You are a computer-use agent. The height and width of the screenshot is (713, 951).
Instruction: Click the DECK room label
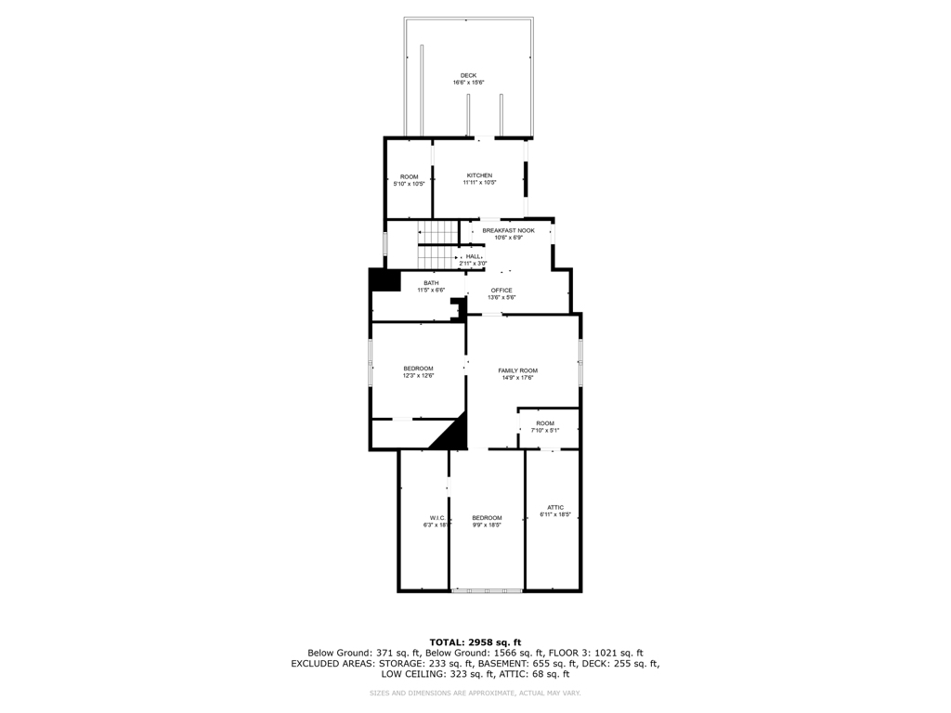pyautogui.click(x=468, y=75)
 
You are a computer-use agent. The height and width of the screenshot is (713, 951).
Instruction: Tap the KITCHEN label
pyautogui.click(x=479, y=175)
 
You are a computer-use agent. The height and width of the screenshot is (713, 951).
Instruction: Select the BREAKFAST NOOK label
pyautogui.click(x=508, y=230)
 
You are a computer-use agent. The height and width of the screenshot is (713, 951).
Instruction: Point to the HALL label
pyautogui.click(x=473, y=256)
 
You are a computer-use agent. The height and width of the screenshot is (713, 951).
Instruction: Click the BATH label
pyautogui.click(x=431, y=283)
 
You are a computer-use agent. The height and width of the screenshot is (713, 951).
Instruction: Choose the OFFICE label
pyautogui.click(x=502, y=291)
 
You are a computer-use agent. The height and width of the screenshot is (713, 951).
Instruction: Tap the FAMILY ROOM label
pyautogui.click(x=517, y=370)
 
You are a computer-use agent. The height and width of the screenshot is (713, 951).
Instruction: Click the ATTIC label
pyautogui.click(x=554, y=507)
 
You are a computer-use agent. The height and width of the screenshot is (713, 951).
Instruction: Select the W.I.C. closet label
pyautogui.click(x=437, y=517)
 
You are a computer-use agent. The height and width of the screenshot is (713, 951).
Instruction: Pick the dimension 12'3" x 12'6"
pyautogui.click(x=418, y=376)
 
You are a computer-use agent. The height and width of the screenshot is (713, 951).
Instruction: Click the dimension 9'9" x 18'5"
pyautogui.click(x=487, y=525)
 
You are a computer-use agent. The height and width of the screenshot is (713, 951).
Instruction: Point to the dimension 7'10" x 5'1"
pyautogui.click(x=544, y=430)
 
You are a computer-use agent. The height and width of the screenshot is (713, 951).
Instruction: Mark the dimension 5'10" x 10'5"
pyautogui.click(x=409, y=184)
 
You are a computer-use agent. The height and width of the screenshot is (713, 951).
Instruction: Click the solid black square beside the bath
pyautogui.click(x=383, y=280)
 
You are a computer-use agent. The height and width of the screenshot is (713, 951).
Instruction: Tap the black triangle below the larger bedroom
pyautogui.click(x=451, y=434)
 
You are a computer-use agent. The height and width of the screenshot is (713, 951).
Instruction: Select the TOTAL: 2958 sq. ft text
pyautogui.click(x=475, y=642)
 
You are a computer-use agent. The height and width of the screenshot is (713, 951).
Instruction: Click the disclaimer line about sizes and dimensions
pyautogui.click(x=475, y=693)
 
